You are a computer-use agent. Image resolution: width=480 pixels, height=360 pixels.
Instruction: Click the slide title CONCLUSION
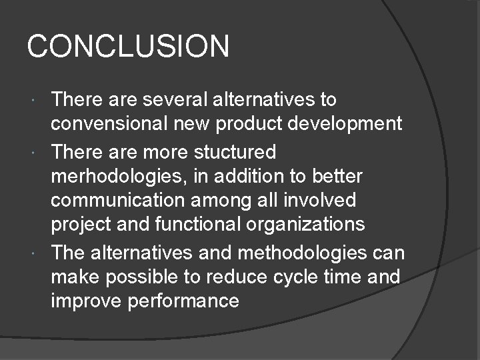128,47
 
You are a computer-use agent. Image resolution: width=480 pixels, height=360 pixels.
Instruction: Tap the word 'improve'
87,301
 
